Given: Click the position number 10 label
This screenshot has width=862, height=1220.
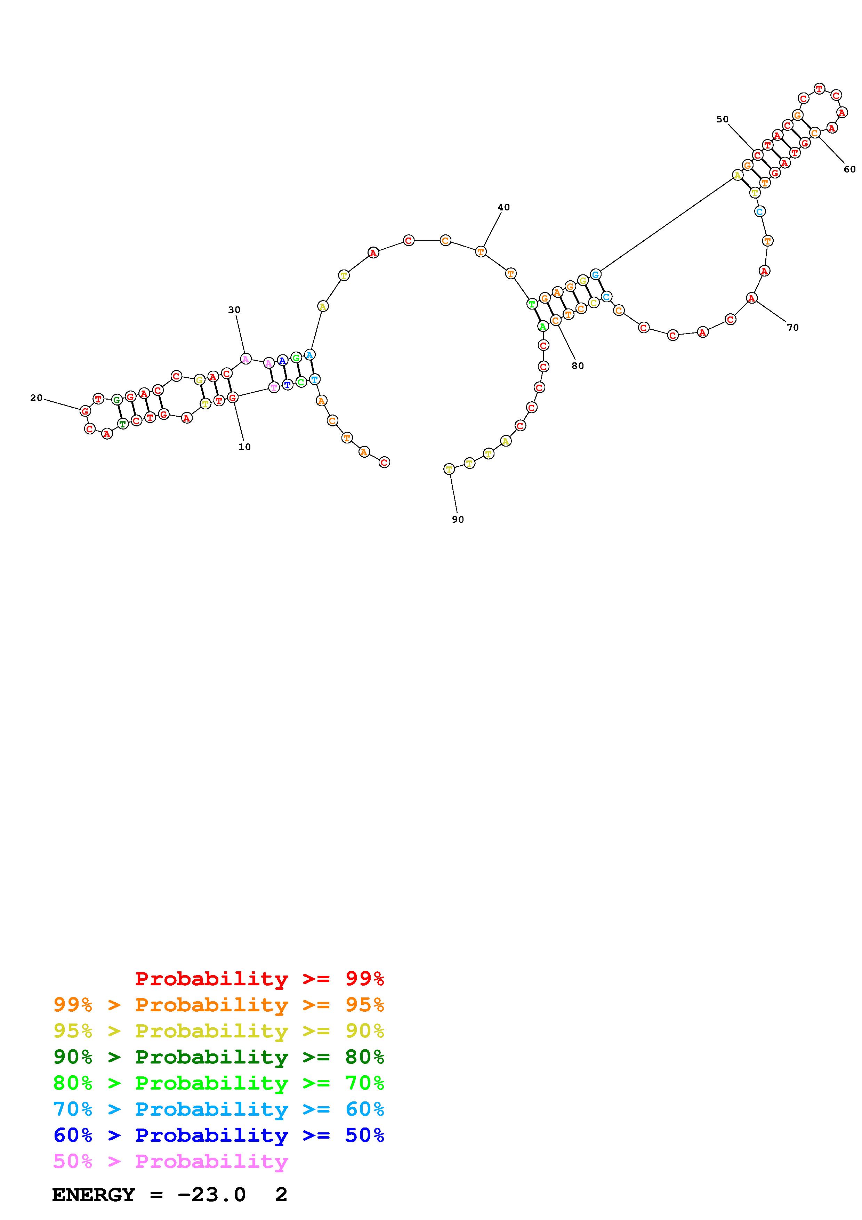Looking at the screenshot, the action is click(x=244, y=447).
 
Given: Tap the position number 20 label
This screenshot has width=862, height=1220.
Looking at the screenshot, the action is click(x=36, y=398).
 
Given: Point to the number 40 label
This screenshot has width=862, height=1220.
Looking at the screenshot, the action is click(x=503, y=207).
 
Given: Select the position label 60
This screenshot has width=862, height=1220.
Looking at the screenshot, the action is click(x=850, y=169).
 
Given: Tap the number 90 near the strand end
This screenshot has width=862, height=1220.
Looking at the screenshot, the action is click(x=458, y=520).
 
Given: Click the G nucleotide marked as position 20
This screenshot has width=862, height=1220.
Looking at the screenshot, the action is click(x=85, y=411).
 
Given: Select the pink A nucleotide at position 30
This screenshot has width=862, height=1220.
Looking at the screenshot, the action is click(x=245, y=359).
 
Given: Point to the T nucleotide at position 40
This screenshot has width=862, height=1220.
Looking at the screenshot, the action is click(x=481, y=251).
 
